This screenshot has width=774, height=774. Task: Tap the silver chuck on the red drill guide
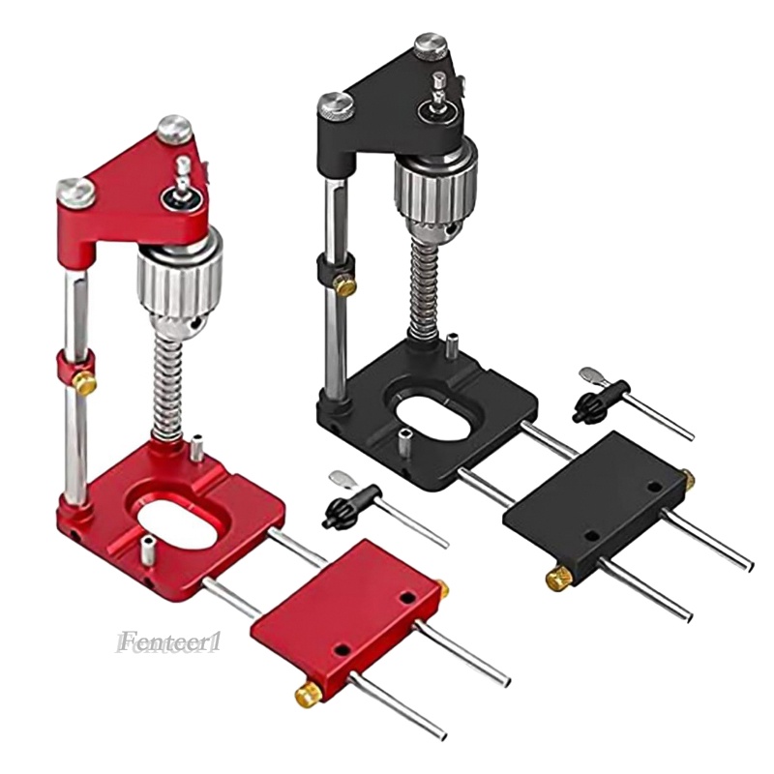click(x=180, y=285)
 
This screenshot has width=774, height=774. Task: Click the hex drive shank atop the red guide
click(x=182, y=176)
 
